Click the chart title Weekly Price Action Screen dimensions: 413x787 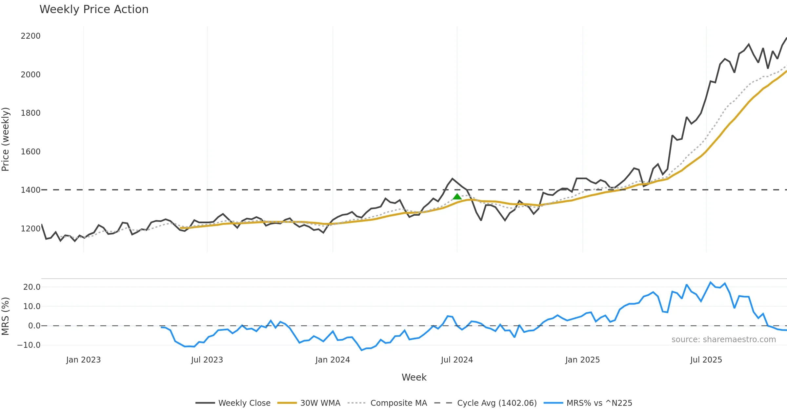pyautogui.click(x=94, y=10)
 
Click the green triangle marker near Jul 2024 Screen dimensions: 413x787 pyautogui.click(x=457, y=197)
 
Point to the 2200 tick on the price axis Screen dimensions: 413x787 pyautogui.click(x=30, y=36)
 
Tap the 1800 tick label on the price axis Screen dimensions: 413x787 pyautogui.click(x=30, y=113)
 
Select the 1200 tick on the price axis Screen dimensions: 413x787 pyautogui.click(x=30, y=228)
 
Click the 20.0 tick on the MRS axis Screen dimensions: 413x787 pyautogui.click(x=32, y=287)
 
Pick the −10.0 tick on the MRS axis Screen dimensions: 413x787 pyautogui.click(x=29, y=345)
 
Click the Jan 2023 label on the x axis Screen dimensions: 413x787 pyautogui.click(x=83, y=360)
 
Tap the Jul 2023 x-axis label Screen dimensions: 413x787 pyautogui.click(x=207, y=360)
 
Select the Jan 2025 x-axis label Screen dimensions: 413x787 pyautogui.click(x=582, y=360)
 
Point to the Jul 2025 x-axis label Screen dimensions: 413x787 pyautogui.click(x=706, y=360)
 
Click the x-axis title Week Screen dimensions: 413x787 pyautogui.click(x=414, y=378)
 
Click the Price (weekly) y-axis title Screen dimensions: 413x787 pyautogui.click(x=6, y=139)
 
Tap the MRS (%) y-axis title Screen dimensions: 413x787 pyautogui.click(x=6, y=316)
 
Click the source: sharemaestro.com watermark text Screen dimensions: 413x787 pyautogui.click(x=723, y=340)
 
